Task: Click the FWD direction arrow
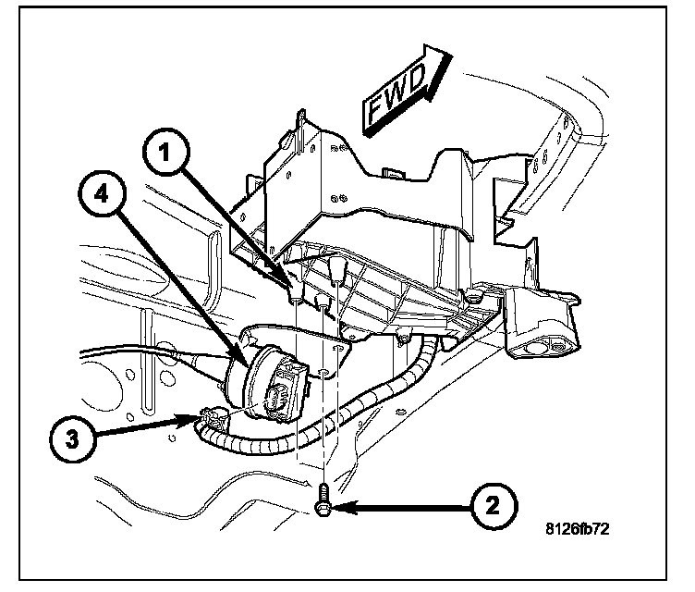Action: [404, 89]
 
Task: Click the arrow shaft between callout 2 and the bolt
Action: [407, 508]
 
